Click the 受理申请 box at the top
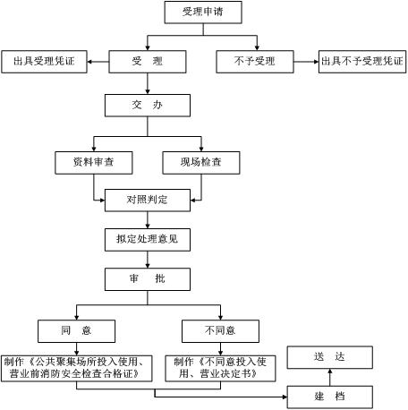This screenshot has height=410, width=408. (203, 12)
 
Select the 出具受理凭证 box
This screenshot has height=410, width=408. (44, 62)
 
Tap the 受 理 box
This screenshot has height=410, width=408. (147, 62)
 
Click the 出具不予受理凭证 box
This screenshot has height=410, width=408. (362, 62)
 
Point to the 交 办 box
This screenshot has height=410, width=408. (147, 106)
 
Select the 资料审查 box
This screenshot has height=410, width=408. (95, 163)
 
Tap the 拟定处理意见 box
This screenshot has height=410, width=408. (147, 240)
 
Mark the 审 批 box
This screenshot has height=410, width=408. (147, 279)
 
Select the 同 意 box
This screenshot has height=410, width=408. (77, 330)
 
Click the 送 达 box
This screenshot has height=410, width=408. (329, 356)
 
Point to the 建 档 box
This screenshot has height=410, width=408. (329, 397)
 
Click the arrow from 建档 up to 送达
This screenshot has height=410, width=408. (329, 377)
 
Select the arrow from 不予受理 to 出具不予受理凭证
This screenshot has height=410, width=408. (309, 62)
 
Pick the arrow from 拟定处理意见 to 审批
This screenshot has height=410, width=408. (147, 260)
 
